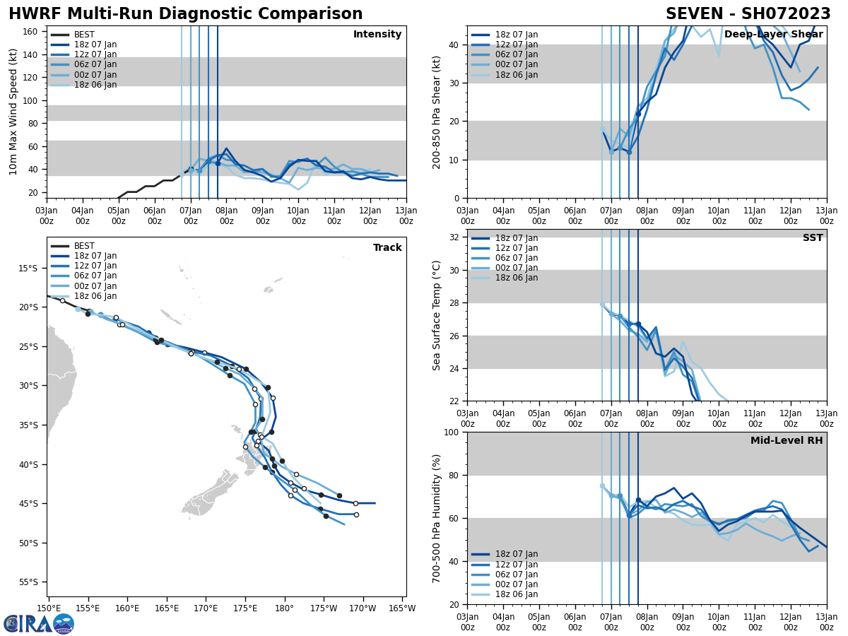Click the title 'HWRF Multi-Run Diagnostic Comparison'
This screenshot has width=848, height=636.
click(x=185, y=14)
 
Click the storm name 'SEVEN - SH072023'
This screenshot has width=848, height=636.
click(x=748, y=14)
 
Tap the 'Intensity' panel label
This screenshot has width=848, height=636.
click(x=377, y=35)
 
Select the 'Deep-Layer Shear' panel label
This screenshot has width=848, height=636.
click(x=773, y=35)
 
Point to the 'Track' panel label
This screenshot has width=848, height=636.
click(x=387, y=248)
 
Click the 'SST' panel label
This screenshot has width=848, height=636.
click(x=813, y=238)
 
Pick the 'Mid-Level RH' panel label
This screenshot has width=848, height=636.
click(x=787, y=441)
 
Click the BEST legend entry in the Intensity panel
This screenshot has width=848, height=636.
click(x=84, y=35)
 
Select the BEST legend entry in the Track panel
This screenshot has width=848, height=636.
click(x=84, y=246)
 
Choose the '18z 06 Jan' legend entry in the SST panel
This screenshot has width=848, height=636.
click(x=516, y=278)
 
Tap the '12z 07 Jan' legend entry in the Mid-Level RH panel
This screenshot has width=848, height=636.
click(x=516, y=565)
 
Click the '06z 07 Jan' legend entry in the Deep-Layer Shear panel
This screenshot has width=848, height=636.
click(x=516, y=54)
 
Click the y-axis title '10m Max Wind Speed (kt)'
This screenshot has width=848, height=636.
click(x=13, y=112)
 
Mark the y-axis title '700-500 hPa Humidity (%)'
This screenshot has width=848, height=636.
click(x=437, y=518)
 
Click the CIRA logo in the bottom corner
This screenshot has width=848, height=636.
click(x=38, y=624)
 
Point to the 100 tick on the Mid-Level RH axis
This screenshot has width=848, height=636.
click(x=449, y=432)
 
